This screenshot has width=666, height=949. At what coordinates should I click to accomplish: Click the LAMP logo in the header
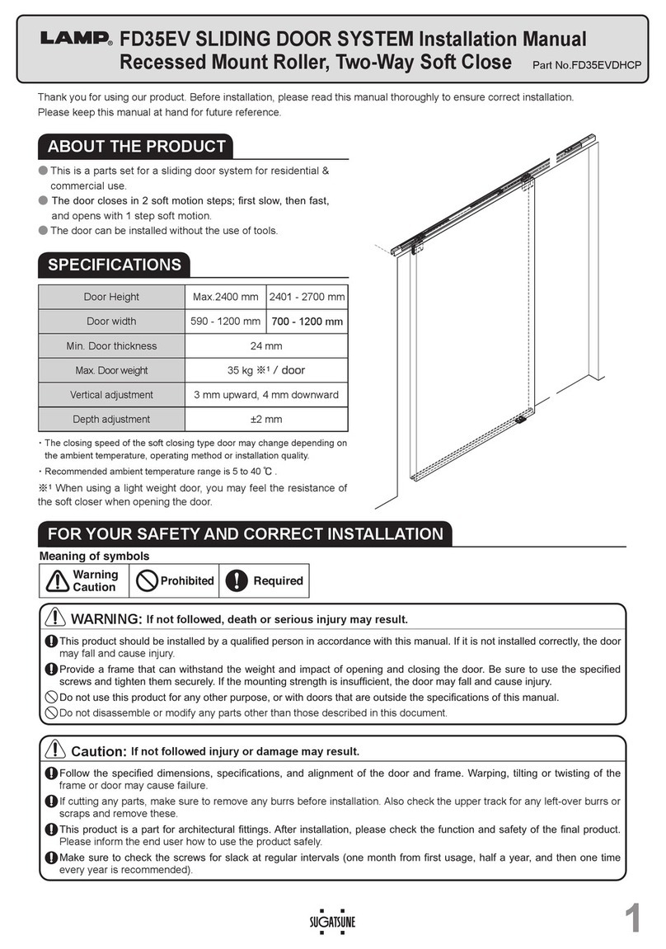click(x=77, y=39)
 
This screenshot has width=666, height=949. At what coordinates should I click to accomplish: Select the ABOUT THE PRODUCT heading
click(x=136, y=147)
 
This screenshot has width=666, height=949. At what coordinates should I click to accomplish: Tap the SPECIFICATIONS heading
click(x=115, y=265)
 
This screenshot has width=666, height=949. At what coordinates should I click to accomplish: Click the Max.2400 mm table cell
click(x=225, y=297)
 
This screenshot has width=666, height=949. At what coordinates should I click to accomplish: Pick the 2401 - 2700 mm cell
click(x=307, y=297)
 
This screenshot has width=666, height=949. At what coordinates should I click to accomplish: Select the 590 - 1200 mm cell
click(x=225, y=322)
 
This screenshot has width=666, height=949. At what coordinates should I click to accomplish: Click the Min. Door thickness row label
click(x=111, y=345)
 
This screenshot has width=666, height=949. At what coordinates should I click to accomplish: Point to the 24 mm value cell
click(x=265, y=345)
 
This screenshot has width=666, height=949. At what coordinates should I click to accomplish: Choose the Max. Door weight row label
click(x=111, y=370)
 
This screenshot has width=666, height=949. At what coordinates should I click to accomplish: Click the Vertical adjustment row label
click(x=111, y=395)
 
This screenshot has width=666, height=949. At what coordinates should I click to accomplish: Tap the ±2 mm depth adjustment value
click(x=265, y=419)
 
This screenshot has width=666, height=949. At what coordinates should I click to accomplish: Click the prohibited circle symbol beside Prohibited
click(x=147, y=580)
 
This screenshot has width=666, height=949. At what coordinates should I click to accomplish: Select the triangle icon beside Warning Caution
click(x=57, y=581)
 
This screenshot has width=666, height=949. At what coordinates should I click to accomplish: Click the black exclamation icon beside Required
click(x=237, y=580)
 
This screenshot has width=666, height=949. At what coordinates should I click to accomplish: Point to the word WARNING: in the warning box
click(x=107, y=619)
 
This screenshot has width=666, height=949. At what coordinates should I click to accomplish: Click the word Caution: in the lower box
click(x=99, y=751)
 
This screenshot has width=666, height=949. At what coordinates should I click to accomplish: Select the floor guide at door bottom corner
click(x=521, y=420)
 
